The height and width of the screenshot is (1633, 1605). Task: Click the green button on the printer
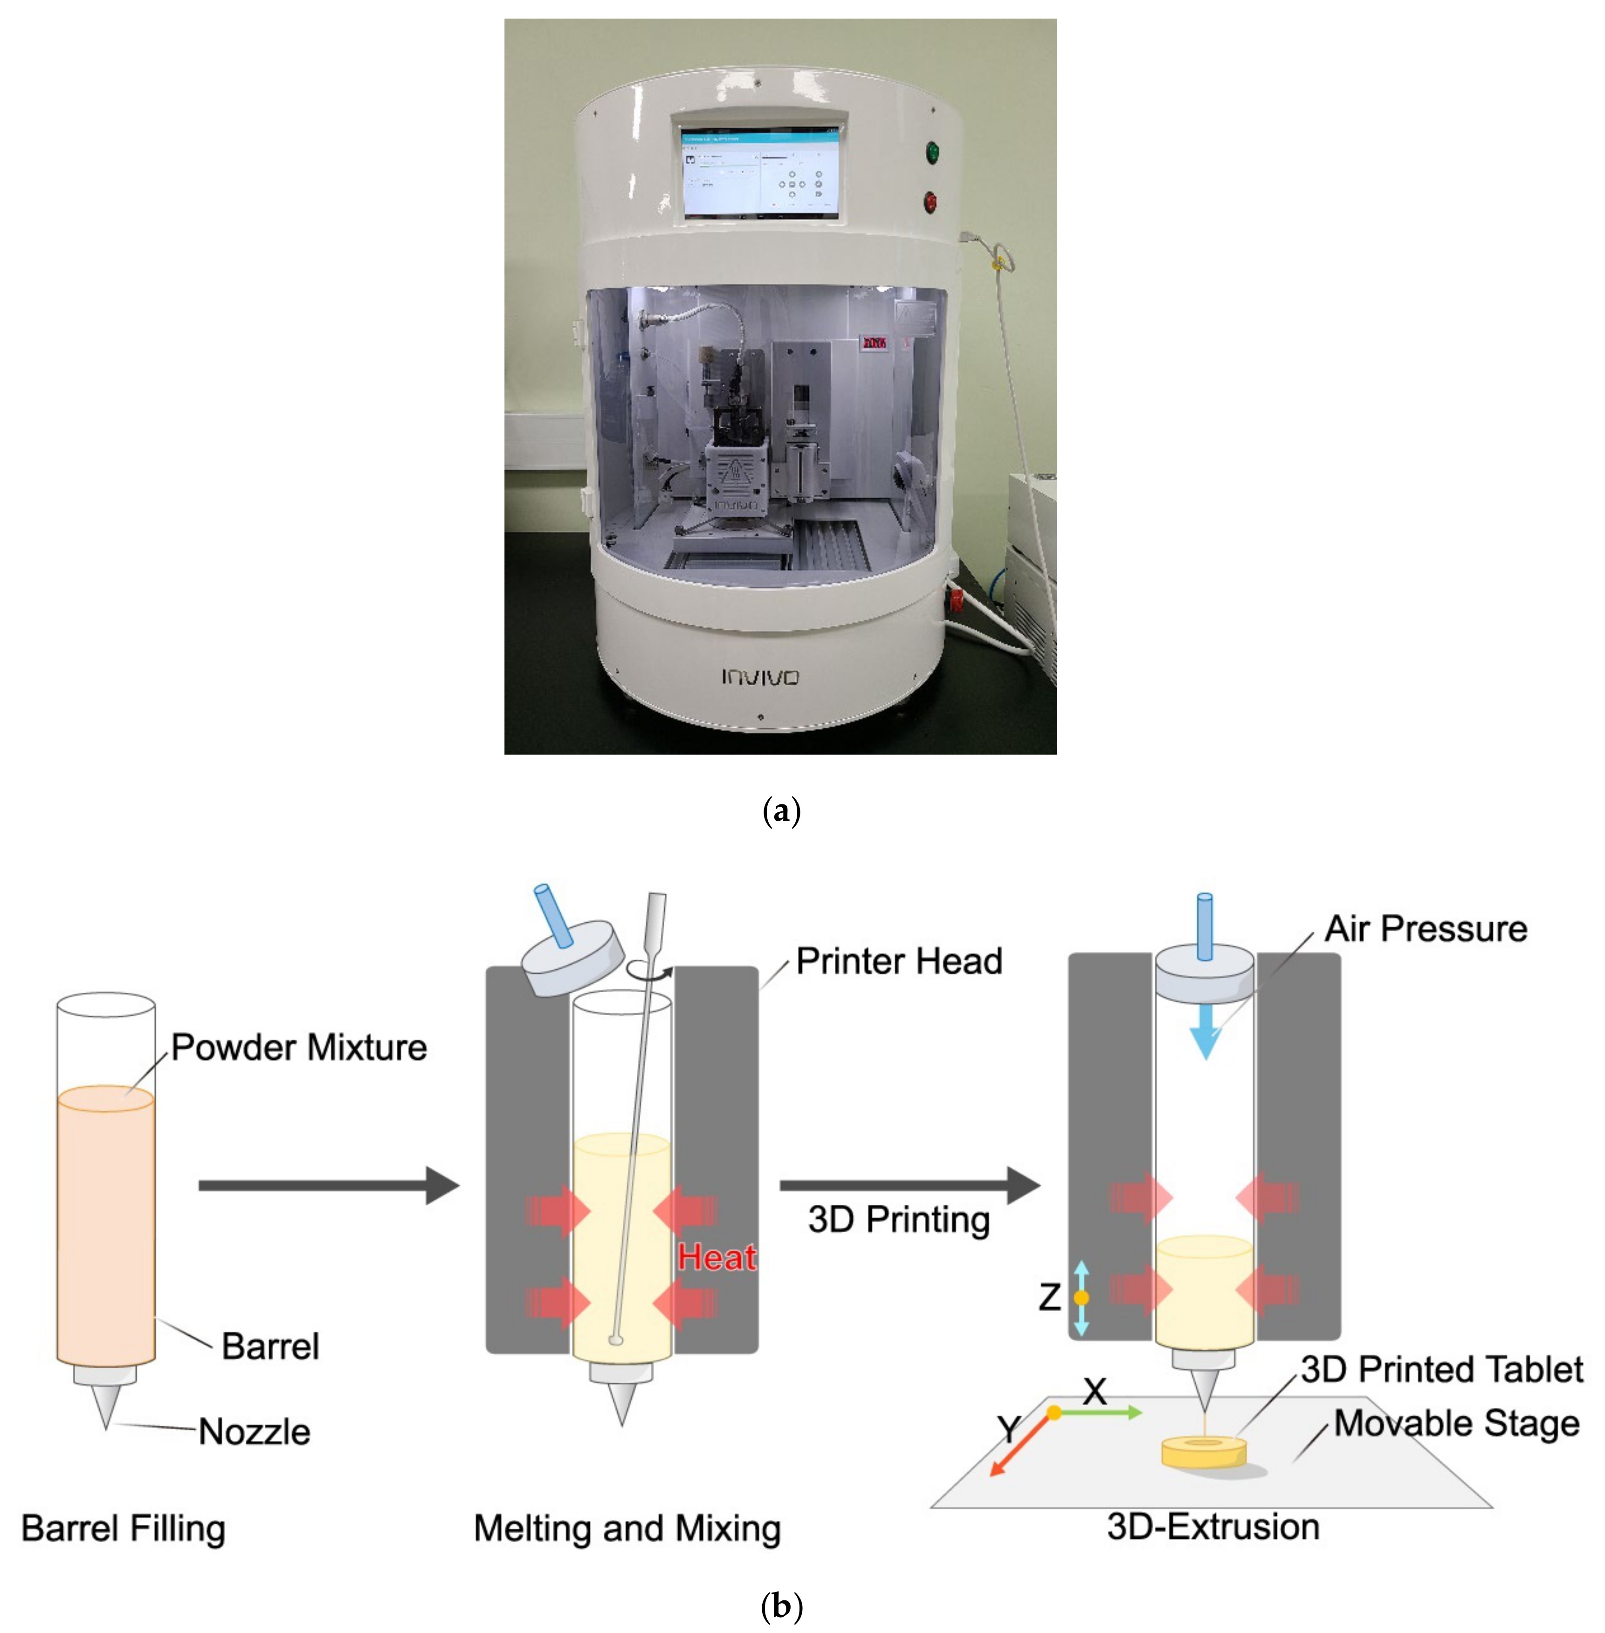932,152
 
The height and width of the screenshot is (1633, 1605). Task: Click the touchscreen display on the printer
761,173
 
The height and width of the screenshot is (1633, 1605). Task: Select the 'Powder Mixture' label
298,1047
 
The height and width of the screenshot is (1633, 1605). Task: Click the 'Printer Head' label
899,961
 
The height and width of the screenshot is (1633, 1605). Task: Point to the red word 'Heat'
716,1257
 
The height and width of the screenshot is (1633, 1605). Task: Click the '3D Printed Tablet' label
1441,1369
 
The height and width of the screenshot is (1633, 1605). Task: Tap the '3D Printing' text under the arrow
899,1219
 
